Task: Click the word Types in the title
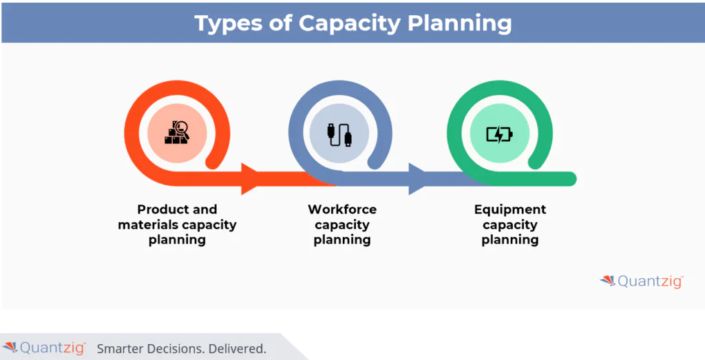coord(228,23)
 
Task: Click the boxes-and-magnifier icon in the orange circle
coord(176,132)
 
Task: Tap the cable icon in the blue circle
coord(340,133)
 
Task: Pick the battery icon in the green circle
coord(499,134)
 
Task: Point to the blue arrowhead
coord(418,179)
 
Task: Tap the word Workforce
coord(342,209)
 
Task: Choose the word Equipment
coord(510,209)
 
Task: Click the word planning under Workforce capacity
coord(342,240)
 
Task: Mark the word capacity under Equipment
coord(510,224)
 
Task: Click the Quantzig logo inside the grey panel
coord(642,280)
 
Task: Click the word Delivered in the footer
coord(236,348)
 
